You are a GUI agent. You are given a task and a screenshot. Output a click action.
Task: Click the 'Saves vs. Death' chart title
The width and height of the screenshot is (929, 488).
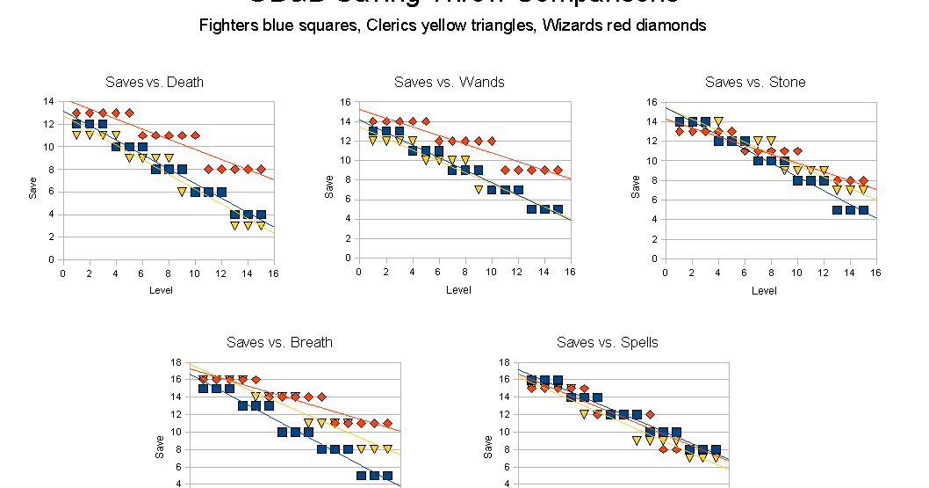[154, 82]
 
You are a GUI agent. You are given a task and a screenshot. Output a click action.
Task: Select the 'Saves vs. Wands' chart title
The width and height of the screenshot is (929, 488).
[450, 82]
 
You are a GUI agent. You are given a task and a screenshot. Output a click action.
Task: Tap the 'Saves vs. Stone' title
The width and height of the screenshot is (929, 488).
[755, 82]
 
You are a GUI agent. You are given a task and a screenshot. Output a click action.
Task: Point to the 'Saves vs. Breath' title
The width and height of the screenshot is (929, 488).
[279, 342]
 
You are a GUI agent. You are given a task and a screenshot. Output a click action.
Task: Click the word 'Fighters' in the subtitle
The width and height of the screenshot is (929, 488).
[227, 25]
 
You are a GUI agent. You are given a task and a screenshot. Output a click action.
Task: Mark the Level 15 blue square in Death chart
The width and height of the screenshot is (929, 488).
[261, 215]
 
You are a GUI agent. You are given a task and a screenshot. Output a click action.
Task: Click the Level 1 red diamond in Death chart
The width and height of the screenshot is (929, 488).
[76, 113]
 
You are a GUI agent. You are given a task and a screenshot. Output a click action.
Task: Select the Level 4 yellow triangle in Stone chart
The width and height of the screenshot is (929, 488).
[718, 122]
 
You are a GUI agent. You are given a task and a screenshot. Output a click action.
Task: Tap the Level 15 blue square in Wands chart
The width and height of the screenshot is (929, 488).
[558, 209]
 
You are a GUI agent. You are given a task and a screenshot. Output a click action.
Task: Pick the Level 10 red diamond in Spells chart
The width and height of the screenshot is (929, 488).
[650, 414]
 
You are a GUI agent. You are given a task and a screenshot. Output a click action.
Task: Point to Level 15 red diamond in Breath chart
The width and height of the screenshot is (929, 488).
[387, 423]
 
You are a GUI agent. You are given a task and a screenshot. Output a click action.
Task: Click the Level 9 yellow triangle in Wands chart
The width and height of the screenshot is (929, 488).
[479, 189]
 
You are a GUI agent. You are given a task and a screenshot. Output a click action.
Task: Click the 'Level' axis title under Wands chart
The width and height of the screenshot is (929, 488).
[458, 289]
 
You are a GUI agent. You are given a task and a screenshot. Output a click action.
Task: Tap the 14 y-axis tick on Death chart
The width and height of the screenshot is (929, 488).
[49, 101]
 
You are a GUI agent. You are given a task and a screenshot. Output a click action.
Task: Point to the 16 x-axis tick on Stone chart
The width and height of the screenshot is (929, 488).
[875, 273]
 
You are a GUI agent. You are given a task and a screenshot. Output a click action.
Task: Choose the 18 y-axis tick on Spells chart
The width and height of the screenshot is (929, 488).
[505, 362]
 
